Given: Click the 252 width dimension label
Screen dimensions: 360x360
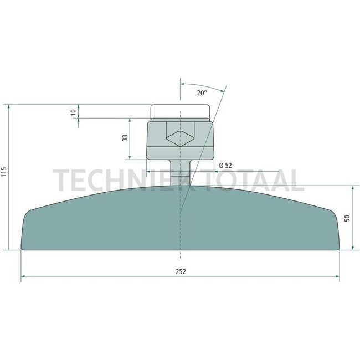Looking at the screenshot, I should pos(180,271).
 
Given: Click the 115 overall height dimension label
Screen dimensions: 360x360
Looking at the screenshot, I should pos(4,176).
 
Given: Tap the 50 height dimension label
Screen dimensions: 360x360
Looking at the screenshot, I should pos(347,218).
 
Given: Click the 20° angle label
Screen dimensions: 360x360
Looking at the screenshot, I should pos(202,93).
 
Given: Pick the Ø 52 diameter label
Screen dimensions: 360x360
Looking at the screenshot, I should pos(225,165).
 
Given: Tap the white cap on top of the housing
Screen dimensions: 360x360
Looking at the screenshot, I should pos(181,113).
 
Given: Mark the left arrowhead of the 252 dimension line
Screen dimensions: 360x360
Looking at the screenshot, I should pos(24,277).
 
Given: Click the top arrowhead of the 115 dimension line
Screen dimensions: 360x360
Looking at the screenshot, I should pos(10,107).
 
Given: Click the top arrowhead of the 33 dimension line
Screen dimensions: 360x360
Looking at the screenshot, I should pos(130,120).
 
